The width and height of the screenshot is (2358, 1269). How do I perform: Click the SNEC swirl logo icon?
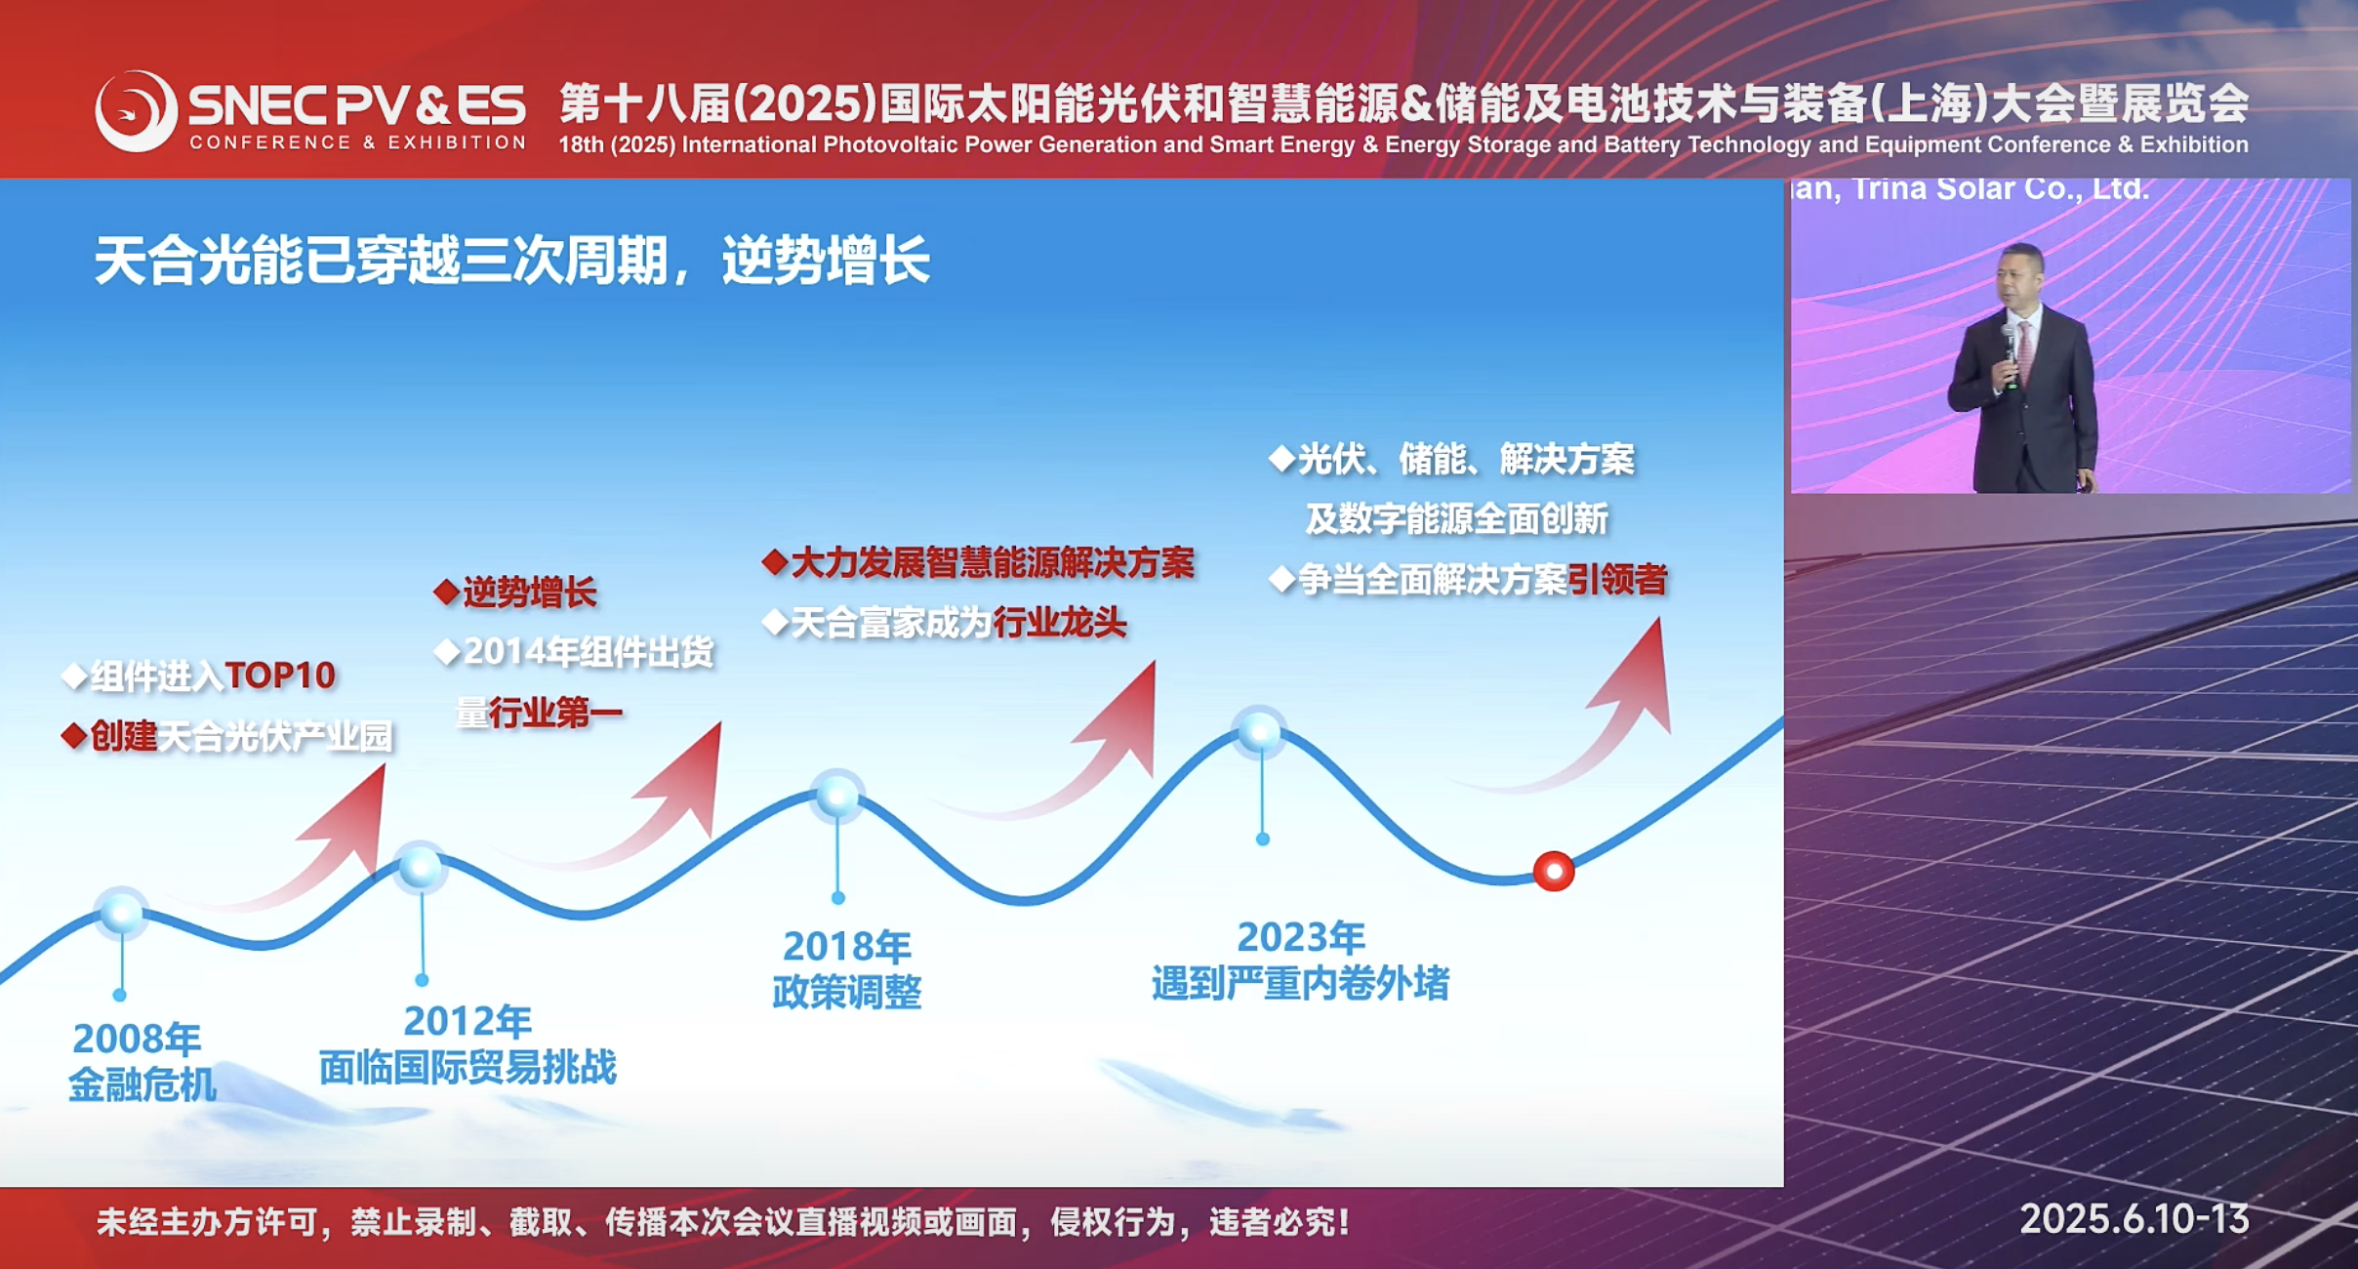[136, 111]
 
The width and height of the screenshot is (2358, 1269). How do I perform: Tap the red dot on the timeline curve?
[1553, 871]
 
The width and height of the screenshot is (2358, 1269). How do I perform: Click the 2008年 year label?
[137, 1039]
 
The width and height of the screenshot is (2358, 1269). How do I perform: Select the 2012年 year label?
[468, 1021]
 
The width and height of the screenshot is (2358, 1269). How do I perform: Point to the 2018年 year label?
[847, 946]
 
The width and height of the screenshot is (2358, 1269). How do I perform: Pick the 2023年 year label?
[1301, 937]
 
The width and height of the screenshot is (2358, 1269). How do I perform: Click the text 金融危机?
[142, 1085]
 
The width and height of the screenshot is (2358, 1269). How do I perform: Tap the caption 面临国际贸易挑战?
[468, 1067]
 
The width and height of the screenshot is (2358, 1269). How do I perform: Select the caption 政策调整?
[847, 992]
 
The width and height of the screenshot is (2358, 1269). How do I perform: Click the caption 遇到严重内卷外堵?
[1301, 983]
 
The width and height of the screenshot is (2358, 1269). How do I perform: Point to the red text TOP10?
[280, 675]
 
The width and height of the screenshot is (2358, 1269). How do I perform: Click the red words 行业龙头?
[1060, 622]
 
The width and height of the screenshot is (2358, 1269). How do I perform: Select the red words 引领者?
[1617, 580]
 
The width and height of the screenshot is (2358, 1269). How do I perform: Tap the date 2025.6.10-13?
[2134, 1219]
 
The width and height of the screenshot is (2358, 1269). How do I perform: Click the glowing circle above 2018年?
[837, 796]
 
